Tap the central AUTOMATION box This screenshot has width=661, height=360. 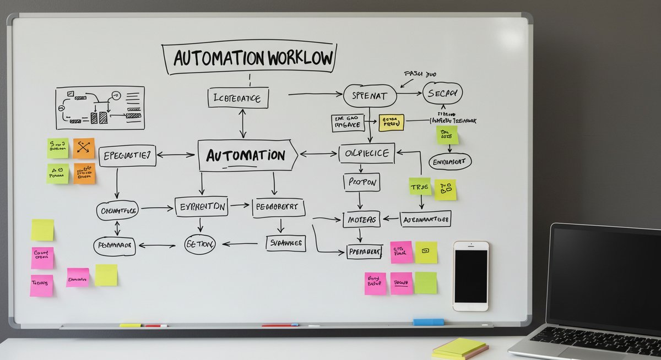tap(247, 155)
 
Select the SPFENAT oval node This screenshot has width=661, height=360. tap(370, 96)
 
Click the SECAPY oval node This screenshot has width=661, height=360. tap(442, 94)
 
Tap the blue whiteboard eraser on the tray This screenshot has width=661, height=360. tap(429, 322)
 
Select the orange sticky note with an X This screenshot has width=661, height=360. tap(84, 148)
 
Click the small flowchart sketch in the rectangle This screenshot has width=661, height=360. tap(100, 108)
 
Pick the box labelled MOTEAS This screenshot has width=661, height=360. tap(361, 220)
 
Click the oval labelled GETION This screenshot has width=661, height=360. tap(199, 244)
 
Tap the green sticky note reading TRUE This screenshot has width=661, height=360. tap(420, 187)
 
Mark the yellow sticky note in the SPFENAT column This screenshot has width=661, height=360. tap(392, 122)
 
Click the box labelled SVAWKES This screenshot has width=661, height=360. tap(285, 243)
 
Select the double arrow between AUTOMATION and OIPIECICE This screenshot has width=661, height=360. tap(318, 154)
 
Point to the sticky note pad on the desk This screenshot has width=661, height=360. tap(460, 348)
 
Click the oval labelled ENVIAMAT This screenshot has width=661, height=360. tap(450, 162)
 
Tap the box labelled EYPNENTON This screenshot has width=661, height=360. tap(201, 206)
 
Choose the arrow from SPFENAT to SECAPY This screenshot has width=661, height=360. tap(409, 94)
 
